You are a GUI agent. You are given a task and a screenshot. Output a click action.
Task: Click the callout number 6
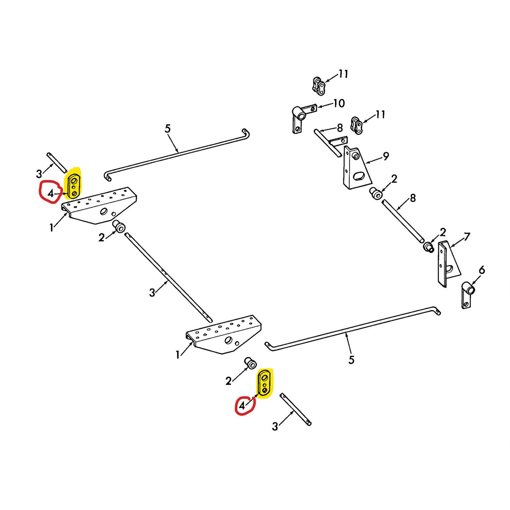tap(482, 270)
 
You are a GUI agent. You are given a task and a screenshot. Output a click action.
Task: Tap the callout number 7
tap(467, 237)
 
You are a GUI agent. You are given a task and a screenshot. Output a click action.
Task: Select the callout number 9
tap(386, 156)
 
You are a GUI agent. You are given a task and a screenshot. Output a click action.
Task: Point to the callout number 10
tap(339, 103)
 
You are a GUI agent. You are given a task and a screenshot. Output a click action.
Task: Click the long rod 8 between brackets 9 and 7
tap(403, 220)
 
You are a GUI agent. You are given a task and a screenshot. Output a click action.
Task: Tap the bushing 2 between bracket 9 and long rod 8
tap(376, 193)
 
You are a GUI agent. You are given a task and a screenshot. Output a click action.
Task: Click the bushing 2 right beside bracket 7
tap(428, 246)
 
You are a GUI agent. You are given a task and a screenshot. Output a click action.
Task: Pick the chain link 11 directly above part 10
tap(319, 86)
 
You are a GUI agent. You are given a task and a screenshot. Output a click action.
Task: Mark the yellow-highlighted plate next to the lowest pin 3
tap(265, 384)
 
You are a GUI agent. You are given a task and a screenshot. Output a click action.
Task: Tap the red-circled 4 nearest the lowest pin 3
tap(242, 406)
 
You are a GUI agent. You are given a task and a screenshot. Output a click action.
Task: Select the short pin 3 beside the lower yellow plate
tap(295, 409)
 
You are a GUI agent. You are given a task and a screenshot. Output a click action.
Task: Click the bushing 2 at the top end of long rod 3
tap(119, 227)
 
